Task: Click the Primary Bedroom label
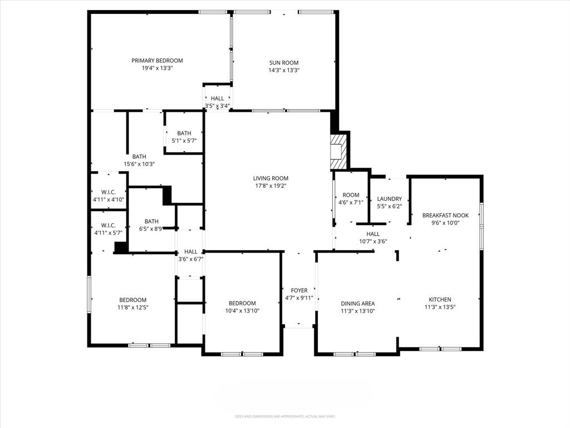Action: point(157,61)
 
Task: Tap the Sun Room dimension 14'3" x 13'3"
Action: point(284,70)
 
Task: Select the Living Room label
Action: point(271,178)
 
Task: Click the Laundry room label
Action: point(389,199)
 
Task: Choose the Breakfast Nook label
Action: point(445,215)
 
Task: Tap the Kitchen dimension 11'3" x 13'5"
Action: point(440,307)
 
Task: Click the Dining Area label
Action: point(357,304)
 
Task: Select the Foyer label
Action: point(299,290)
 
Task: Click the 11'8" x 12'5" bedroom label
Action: point(132,300)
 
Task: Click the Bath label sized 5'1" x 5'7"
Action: point(184,133)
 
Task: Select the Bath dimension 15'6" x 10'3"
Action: point(139,164)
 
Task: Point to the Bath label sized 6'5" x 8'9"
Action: point(151,221)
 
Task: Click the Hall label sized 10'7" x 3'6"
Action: point(373,234)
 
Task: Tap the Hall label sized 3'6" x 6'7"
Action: point(191,251)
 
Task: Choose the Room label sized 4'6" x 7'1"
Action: point(351,195)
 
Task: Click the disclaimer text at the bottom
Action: point(285,416)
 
